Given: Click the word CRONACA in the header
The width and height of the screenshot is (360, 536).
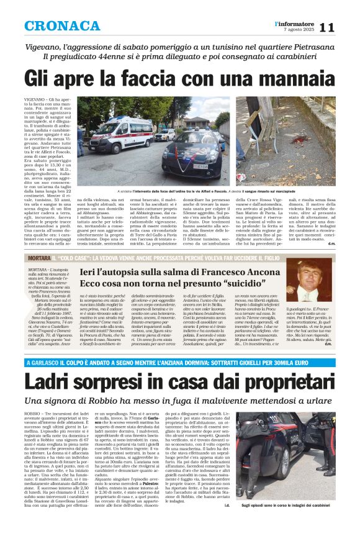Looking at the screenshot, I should (62, 26).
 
